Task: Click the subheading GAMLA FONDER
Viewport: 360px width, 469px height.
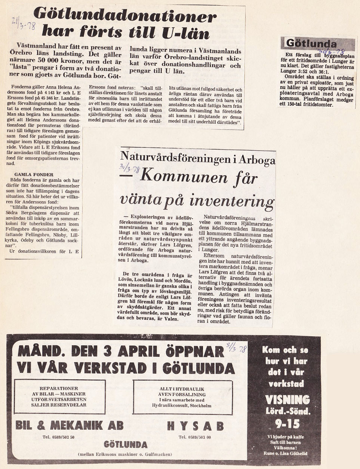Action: tap(34, 174)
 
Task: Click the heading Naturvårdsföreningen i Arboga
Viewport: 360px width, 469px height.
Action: tap(198, 159)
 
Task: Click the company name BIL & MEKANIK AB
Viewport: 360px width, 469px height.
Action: tap(70, 425)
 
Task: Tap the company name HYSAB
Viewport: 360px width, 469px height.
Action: tap(195, 426)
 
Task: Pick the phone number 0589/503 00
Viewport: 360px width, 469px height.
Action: tap(195, 437)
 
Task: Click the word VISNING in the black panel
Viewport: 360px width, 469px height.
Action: tap(287, 399)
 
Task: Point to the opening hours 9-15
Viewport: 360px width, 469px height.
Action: tap(287, 424)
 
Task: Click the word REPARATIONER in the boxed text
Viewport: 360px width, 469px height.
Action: tap(59, 388)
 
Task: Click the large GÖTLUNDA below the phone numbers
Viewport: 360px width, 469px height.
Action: tap(126, 445)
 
